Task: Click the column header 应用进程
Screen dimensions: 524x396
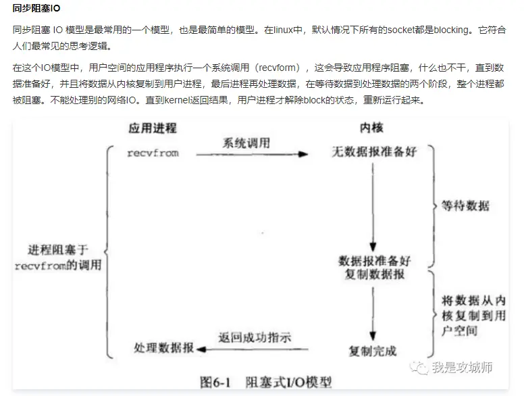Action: [x=153, y=128]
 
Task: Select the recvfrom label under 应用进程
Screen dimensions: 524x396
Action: [x=153, y=153]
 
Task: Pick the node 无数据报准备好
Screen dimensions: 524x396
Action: [x=373, y=151]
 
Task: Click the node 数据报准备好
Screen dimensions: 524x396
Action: [x=374, y=260]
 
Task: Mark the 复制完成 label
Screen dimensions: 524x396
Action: [x=373, y=350]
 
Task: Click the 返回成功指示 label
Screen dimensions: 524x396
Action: [x=255, y=337]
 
